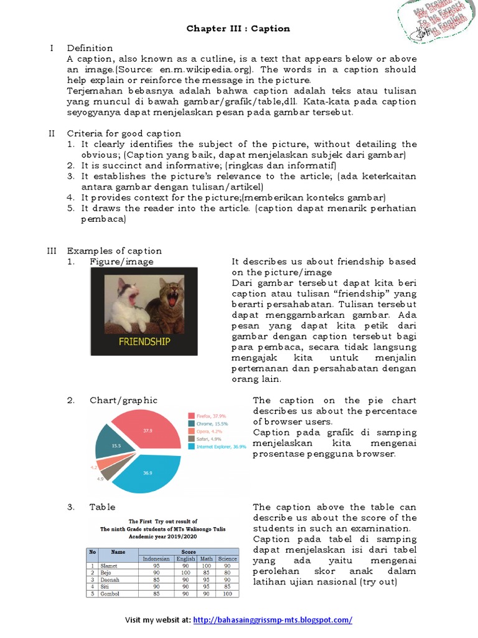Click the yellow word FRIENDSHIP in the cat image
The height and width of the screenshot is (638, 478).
144,342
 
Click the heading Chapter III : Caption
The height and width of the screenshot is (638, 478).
238,29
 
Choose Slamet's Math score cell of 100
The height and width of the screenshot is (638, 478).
206,566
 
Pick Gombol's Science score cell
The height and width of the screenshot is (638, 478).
227,594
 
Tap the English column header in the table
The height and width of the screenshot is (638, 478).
185,559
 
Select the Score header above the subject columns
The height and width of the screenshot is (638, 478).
188,551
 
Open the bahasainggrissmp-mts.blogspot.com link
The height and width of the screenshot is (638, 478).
273,620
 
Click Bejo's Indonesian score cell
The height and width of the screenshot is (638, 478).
156,573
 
